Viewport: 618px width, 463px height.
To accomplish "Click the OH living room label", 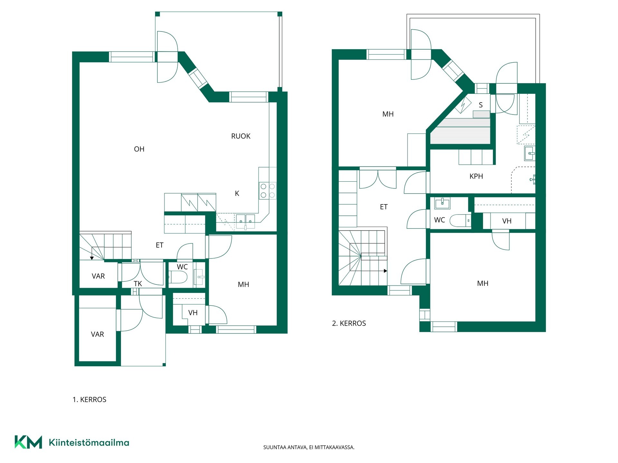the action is click(x=139, y=149).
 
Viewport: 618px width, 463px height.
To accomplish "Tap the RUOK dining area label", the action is click(x=241, y=136).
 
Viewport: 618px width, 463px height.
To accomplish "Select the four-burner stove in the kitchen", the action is click(x=268, y=191).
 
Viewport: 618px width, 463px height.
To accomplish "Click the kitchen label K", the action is click(x=237, y=194).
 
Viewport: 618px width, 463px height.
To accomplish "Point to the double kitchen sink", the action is click(x=246, y=221).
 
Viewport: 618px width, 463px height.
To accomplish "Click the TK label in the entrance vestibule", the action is click(x=138, y=284).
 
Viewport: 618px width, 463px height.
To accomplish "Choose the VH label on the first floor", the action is click(x=193, y=313).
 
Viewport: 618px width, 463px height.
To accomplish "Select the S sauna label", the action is click(x=481, y=105).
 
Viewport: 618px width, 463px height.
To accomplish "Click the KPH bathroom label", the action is click(x=476, y=177).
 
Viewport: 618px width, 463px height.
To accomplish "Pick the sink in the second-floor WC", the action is click(x=442, y=203).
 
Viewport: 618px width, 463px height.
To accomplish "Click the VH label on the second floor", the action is click(x=507, y=221).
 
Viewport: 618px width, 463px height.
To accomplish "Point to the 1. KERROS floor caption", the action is click(x=89, y=400).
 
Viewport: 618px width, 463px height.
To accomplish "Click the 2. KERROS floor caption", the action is click(x=349, y=323).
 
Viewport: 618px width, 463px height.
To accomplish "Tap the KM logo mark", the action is click(x=28, y=442).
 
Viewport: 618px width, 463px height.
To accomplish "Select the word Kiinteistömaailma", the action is click(x=89, y=442).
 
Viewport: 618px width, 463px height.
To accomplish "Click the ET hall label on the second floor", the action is click(x=384, y=207).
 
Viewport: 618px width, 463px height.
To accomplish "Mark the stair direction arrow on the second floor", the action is click(x=374, y=271).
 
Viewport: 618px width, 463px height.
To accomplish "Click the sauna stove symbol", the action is click(x=463, y=105).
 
